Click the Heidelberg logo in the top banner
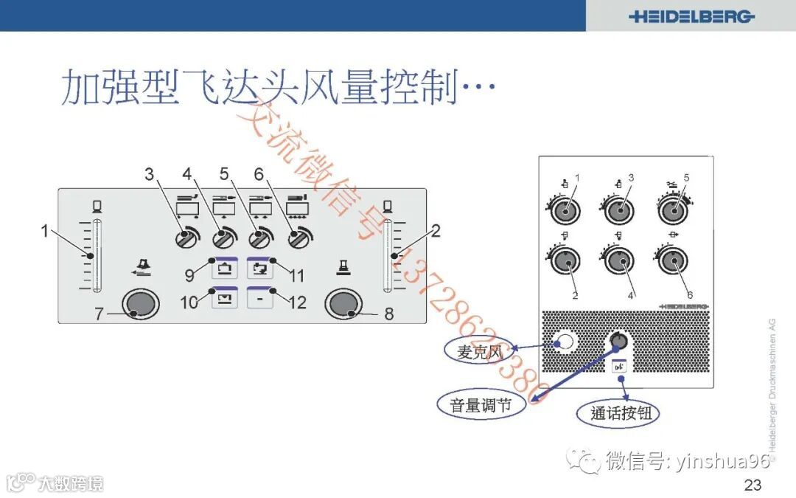point(691,16)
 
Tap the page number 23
point(753,485)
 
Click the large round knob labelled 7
point(140,303)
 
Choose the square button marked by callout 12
point(260,298)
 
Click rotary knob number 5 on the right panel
point(671,210)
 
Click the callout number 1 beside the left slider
point(44,231)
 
